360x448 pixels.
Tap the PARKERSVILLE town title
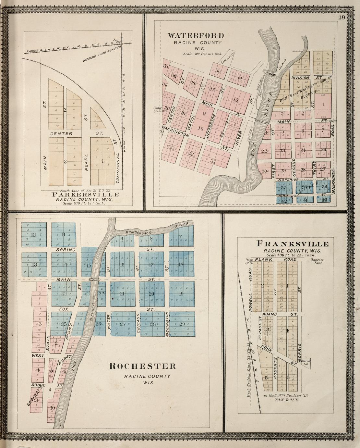[85, 195]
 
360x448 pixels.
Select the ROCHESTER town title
[143, 366]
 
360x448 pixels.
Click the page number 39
[342, 18]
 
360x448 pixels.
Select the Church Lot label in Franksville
[306, 362]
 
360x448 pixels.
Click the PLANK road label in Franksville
[263, 260]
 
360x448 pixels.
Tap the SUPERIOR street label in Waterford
[286, 179]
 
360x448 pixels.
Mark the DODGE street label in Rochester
[38, 385]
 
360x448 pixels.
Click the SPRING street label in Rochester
[66, 250]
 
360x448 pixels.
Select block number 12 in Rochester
[33, 235]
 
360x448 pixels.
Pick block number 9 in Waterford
[204, 114]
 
